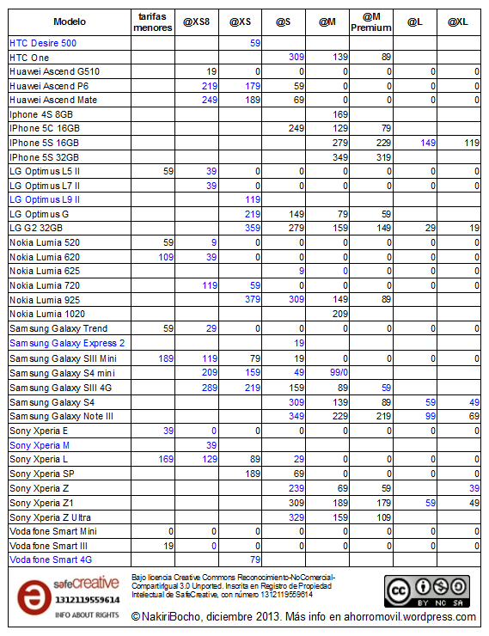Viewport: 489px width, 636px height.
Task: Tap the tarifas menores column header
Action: (155, 20)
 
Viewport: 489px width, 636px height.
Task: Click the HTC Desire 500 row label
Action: (42, 42)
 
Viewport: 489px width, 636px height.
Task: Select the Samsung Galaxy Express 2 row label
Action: (66, 343)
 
